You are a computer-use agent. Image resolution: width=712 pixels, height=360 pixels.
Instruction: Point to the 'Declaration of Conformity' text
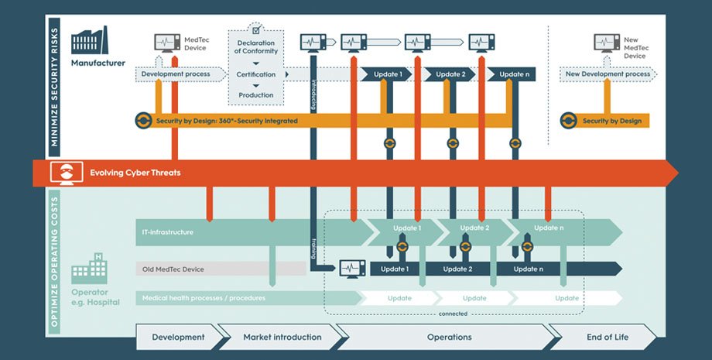(255, 46)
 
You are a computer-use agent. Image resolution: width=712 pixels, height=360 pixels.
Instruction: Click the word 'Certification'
(255, 75)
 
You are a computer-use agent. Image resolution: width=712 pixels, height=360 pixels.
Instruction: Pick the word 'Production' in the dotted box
(255, 95)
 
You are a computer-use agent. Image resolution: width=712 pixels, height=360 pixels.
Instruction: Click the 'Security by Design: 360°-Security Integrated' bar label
(227, 121)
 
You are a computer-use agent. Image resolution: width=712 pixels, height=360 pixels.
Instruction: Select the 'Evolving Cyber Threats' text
(135, 173)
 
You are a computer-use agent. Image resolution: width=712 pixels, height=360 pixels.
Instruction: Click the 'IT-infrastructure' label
(167, 231)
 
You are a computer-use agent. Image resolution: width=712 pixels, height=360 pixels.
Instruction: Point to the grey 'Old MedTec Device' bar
(221, 269)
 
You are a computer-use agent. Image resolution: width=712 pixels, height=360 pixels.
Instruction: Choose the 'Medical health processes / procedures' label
(204, 298)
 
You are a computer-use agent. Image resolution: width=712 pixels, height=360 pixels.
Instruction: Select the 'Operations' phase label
(450, 337)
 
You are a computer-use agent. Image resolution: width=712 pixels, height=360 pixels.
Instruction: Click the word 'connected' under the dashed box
(453, 314)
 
